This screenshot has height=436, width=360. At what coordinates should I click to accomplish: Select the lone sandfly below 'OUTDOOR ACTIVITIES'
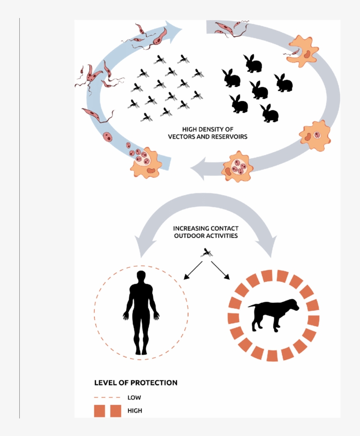(x=206, y=252)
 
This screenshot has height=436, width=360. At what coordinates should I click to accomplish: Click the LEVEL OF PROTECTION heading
(x=136, y=382)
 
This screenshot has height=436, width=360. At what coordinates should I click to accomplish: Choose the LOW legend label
(x=134, y=398)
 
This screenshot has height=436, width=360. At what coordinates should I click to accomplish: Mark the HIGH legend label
(x=135, y=411)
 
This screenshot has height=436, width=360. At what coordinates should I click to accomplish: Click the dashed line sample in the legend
(x=107, y=398)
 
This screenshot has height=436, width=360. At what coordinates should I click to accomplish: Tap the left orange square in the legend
(x=100, y=411)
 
